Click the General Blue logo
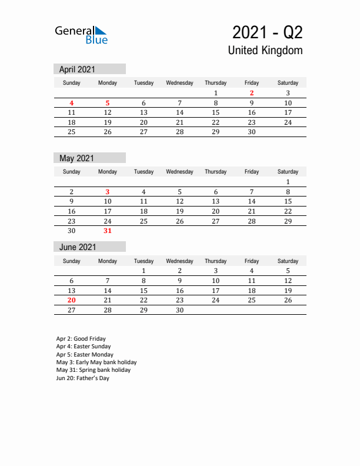point(81,35)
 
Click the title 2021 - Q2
point(267,32)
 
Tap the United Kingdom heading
point(265,51)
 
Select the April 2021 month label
point(77,69)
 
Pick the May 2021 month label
point(77,158)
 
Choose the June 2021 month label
point(78,247)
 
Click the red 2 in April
point(252,93)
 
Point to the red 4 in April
point(72,103)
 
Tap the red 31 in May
point(108,231)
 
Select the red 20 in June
point(72,300)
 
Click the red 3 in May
point(108,192)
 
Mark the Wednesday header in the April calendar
point(179,83)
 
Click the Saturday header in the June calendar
point(288,261)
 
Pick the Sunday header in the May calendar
point(72,172)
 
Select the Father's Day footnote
point(83,378)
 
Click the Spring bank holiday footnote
point(94,370)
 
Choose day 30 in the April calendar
point(252,132)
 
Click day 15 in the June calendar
point(144,291)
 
